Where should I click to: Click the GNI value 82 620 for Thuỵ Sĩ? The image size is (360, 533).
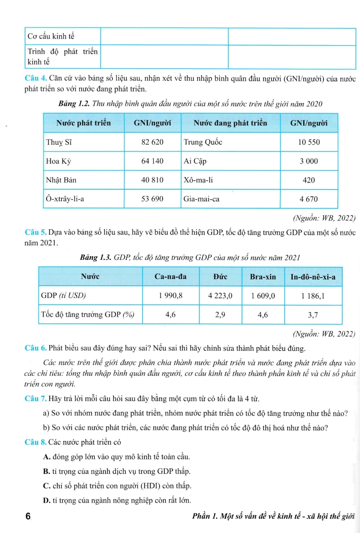point(152,143)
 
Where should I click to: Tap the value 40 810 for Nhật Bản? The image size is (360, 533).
point(152,180)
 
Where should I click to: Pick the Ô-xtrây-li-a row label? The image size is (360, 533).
point(65,199)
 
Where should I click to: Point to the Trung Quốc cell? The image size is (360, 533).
point(203,143)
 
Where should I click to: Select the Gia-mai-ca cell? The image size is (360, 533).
point(201,199)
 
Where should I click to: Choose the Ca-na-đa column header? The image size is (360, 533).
point(170,277)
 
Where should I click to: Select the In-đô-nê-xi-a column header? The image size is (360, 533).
point(313,277)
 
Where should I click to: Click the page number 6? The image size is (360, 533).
point(28,517)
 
